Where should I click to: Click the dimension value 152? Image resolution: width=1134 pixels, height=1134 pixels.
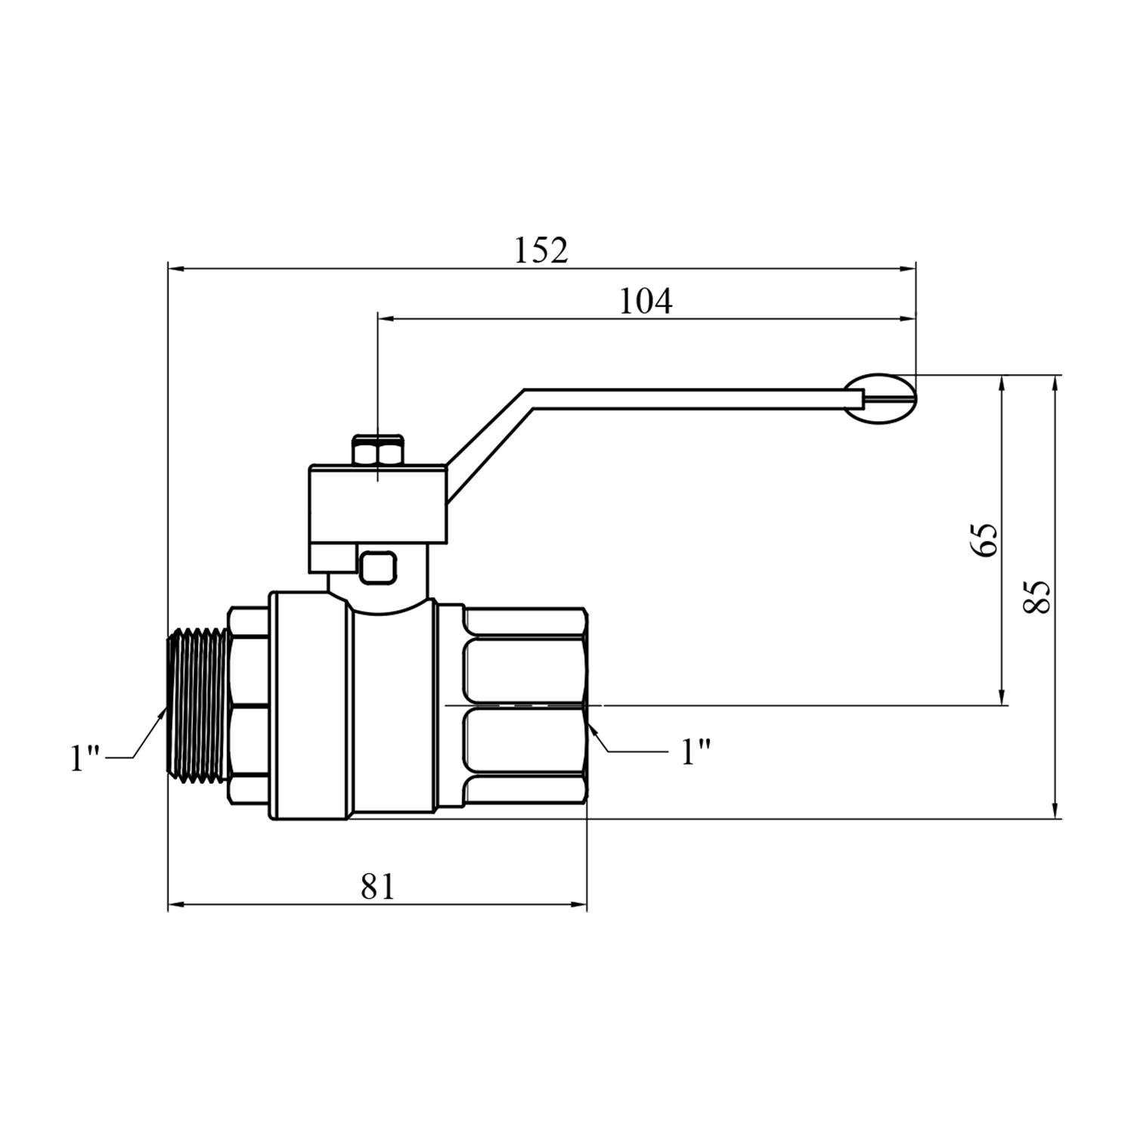tap(541, 250)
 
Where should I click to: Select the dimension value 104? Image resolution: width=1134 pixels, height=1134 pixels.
tap(645, 302)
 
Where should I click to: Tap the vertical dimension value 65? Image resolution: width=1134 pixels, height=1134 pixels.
tap(985, 539)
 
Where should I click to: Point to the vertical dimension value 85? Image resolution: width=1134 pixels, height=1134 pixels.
tap(1037, 597)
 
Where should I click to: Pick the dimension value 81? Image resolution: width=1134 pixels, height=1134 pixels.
tap(377, 886)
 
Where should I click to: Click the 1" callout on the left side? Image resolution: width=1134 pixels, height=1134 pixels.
tap(85, 758)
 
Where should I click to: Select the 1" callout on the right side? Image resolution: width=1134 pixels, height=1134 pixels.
tap(696, 752)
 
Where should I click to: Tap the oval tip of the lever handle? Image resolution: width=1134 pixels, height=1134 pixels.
tap(880, 398)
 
